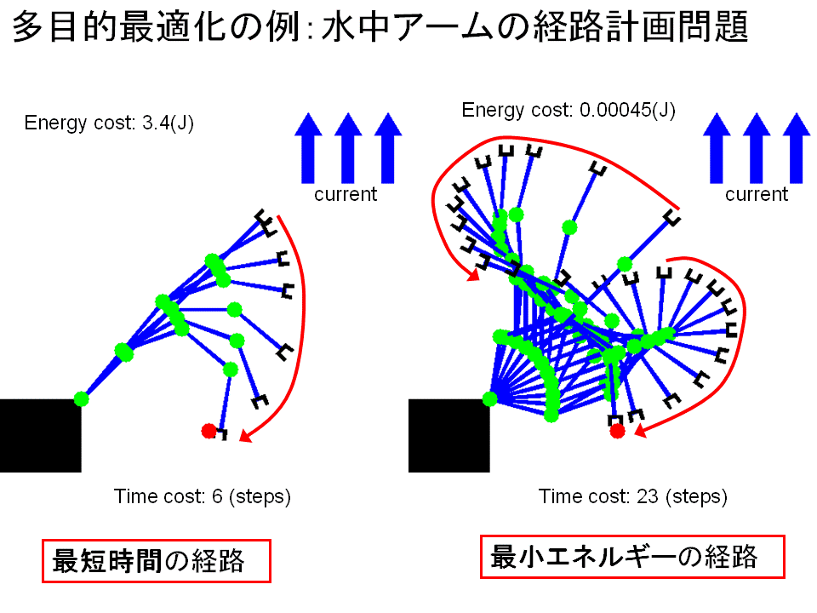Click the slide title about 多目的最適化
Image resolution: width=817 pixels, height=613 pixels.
tap(380, 27)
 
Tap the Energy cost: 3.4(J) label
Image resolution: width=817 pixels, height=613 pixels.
tap(109, 123)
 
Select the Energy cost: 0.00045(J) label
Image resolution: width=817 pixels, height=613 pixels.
tap(568, 110)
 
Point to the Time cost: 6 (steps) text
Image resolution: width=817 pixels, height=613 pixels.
tap(203, 496)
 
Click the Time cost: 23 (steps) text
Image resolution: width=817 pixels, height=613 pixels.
tap(632, 496)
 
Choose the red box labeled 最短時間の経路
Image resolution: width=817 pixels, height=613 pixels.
tap(157, 561)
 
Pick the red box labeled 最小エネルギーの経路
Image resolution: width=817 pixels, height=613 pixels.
tap(632, 557)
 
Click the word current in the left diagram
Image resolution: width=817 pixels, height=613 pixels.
tap(346, 194)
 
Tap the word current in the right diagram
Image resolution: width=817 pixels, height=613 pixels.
tap(757, 194)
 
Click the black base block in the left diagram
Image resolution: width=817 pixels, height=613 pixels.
tap(41, 436)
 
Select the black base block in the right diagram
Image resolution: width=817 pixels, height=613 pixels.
tap(449, 436)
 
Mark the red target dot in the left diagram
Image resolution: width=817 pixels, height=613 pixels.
tap(209, 431)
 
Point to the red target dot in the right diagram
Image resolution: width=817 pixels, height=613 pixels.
tap(618, 431)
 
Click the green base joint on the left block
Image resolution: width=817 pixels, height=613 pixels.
tap(82, 399)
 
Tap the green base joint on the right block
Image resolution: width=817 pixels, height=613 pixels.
tap(490, 399)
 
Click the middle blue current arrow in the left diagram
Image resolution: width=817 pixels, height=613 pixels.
tap(348, 148)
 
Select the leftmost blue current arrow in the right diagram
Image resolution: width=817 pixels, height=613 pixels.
tap(717, 148)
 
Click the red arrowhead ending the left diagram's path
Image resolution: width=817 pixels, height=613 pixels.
tap(245, 436)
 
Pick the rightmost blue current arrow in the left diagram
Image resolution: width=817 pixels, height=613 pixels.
tap(388, 148)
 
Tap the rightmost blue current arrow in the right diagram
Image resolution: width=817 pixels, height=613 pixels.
tap(797, 148)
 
